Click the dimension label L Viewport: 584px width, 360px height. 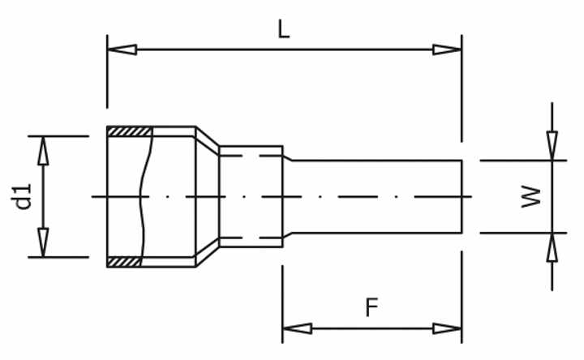pos(282,29)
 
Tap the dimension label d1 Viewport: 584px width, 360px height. pos(24,196)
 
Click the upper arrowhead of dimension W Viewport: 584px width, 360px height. pos(552,146)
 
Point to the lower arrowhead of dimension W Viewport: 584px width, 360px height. pos(552,247)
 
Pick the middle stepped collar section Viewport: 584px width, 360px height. pos(251,196)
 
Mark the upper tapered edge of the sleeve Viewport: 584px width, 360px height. pos(208,139)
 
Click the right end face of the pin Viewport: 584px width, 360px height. pos(462,196)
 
